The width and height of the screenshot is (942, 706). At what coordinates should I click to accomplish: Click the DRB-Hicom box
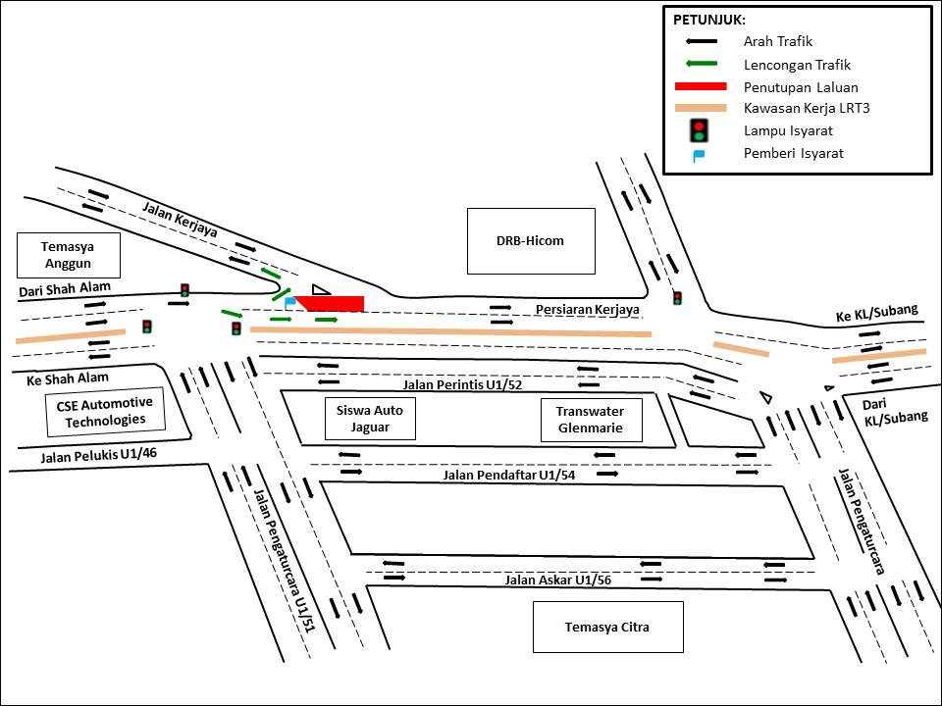click(531, 241)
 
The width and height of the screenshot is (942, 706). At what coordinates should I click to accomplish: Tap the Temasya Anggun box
click(69, 255)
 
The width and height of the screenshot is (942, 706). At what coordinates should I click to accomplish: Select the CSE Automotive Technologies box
click(103, 412)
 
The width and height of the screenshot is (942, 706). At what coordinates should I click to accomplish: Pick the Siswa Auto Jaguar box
click(370, 420)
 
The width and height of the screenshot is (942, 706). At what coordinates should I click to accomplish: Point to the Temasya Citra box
click(607, 628)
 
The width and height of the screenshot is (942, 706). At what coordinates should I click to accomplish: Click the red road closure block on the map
click(334, 304)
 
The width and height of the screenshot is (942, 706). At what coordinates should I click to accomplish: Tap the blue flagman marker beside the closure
click(288, 302)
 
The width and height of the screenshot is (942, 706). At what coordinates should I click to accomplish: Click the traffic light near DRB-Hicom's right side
click(677, 297)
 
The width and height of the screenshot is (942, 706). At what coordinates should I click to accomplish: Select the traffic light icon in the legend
click(699, 129)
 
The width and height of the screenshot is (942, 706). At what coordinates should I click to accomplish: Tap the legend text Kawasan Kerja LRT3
click(807, 108)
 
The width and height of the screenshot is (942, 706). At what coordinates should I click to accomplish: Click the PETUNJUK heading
click(709, 20)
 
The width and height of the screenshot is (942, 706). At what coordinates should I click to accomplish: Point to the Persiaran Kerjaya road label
click(587, 310)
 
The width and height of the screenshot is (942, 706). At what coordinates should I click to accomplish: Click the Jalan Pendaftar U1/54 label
click(508, 476)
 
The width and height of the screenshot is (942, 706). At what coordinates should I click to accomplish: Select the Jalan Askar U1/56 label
click(558, 580)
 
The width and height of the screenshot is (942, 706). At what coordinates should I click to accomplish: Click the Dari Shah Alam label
click(65, 287)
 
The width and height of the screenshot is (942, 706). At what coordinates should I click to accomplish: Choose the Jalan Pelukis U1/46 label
click(98, 455)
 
